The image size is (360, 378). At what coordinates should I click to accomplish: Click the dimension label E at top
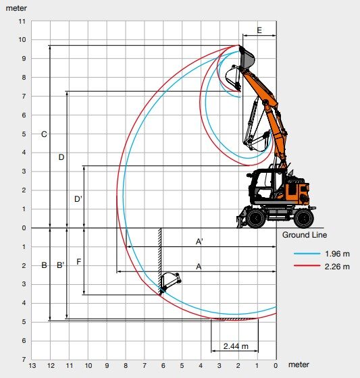259,30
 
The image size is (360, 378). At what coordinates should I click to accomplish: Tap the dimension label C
44,134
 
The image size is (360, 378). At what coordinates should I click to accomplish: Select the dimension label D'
78,199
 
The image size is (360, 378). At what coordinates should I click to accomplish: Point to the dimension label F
78,262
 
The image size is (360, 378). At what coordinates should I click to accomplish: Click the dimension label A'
199,242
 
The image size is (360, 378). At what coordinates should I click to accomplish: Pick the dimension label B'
60,265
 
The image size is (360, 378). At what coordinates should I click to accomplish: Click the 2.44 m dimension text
236,346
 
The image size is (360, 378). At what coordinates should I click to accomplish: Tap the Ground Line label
305,235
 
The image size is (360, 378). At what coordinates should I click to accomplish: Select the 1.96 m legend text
337,254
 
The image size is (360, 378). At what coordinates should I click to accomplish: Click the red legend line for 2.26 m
307,266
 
